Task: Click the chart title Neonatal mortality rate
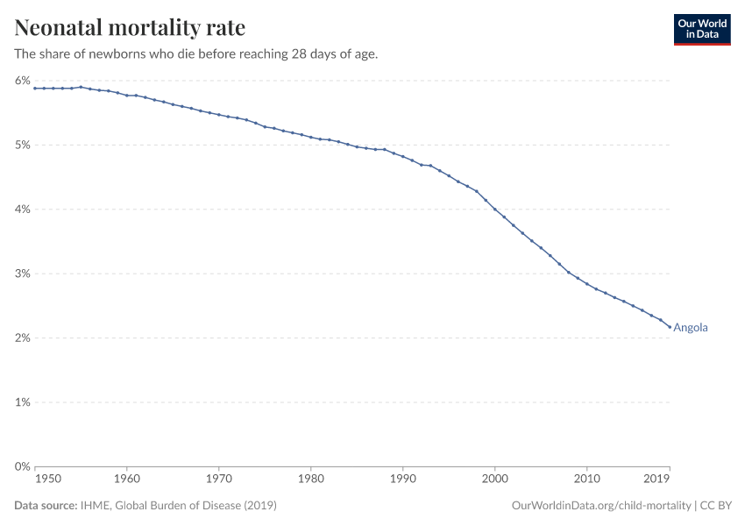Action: pyautogui.click(x=130, y=28)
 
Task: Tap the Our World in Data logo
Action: pyautogui.click(x=701, y=29)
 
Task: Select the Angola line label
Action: pyautogui.click(x=691, y=328)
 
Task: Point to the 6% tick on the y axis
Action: pyautogui.click(x=23, y=81)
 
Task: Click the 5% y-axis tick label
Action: pyautogui.click(x=23, y=145)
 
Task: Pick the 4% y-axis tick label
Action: pyautogui.click(x=23, y=210)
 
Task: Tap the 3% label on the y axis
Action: pyautogui.click(x=23, y=274)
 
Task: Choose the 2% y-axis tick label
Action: pyautogui.click(x=23, y=338)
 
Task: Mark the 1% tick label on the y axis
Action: pyautogui.click(x=23, y=402)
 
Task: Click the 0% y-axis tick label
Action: pyautogui.click(x=23, y=467)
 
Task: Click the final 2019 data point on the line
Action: pyautogui.click(x=670, y=327)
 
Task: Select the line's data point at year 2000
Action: pyautogui.click(x=495, y=209)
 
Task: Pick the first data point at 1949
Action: pyautogui.click(x=34, y=88)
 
